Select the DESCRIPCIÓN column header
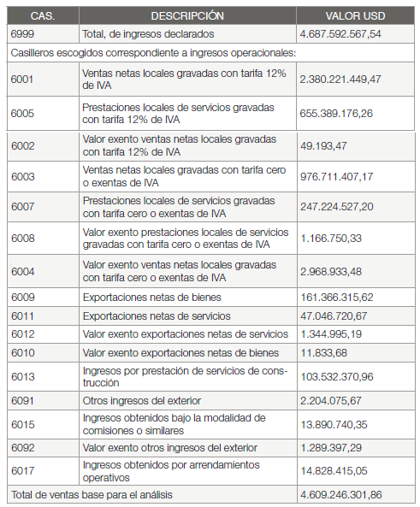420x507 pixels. (187, 16)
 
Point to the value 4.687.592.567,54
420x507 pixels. (340, 34)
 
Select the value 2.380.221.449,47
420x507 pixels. (340, 79)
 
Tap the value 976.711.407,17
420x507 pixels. (337, 177)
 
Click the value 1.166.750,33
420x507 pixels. (331, 239)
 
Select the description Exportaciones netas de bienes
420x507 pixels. (151, 298)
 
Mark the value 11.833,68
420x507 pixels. (323, 353)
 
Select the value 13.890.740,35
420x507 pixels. (334, 424)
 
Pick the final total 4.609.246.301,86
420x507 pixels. (340, 495)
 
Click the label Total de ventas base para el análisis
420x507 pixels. (95, 495)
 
